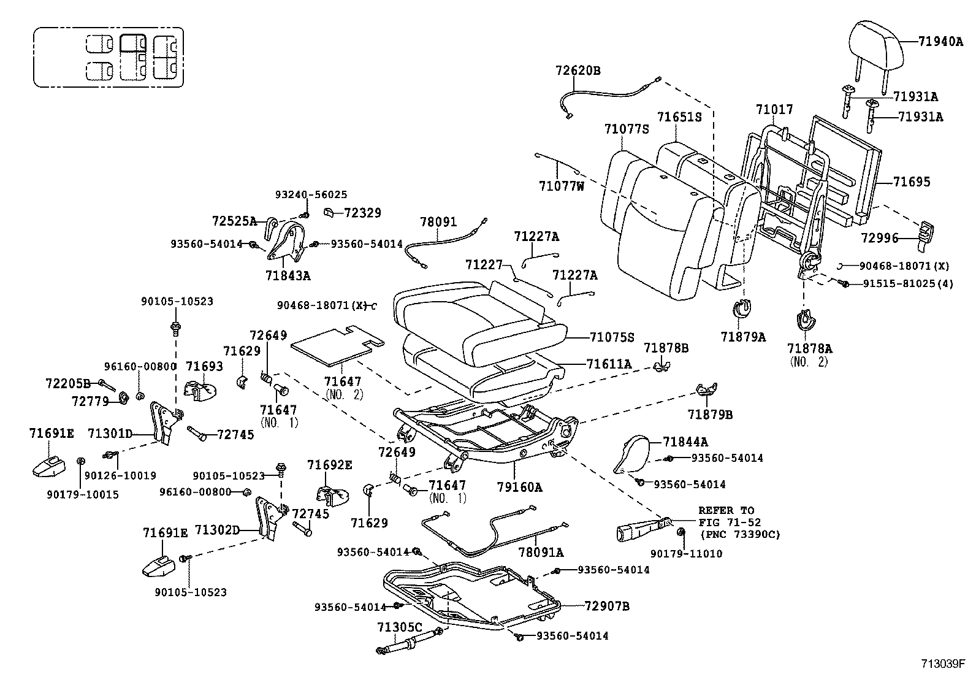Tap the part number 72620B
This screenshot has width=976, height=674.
[578, 71]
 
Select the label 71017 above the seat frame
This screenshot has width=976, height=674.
[774, 110]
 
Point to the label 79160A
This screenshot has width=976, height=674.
[520, 488]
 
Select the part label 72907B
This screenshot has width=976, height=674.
[607, 607]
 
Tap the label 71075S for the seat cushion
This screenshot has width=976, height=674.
[611, 337]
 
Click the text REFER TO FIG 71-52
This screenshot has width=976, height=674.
[730, 516]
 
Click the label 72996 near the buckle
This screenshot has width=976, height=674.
[877, 238]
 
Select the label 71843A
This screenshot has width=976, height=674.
[288, 276]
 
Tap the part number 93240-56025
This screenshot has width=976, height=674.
[311, 195]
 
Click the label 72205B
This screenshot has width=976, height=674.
[68, 383]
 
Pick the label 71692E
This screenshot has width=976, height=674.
[330, 465]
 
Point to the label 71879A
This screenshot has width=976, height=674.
[743, 337]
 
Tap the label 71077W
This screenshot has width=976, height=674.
[562, 185]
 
